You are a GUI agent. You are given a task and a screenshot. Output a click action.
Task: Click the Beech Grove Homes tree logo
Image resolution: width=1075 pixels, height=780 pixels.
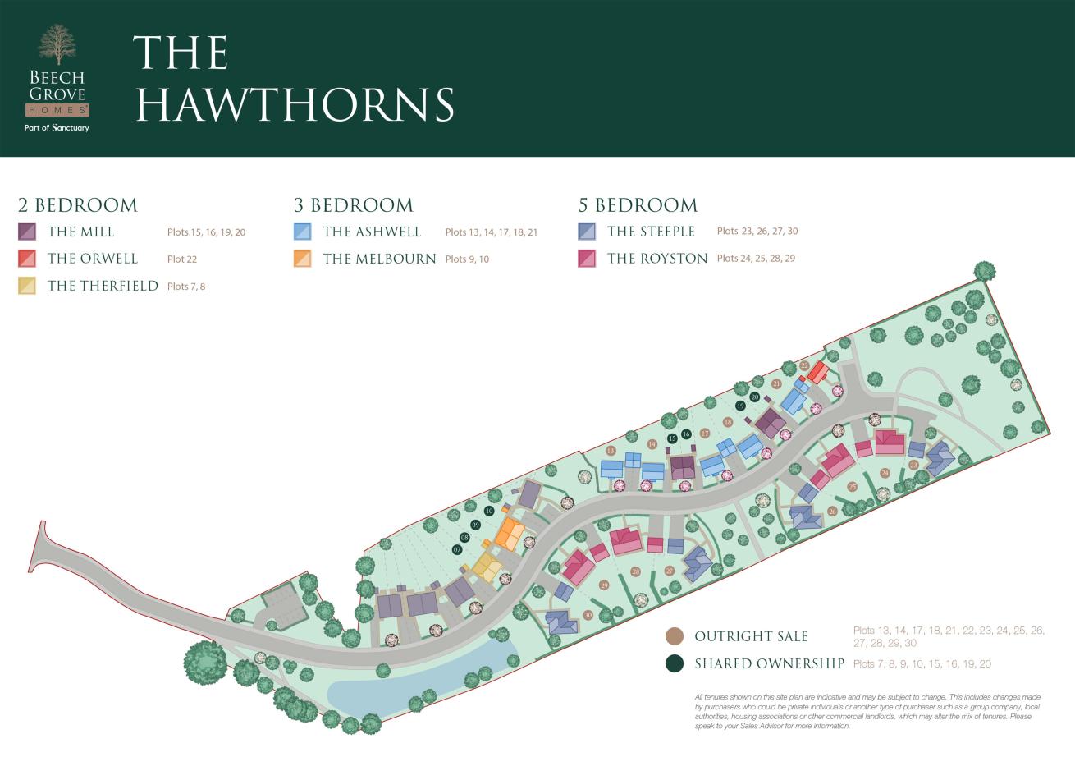(x=57, y=45)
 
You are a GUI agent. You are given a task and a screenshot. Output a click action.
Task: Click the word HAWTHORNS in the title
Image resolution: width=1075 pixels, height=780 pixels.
(x=295, y=104)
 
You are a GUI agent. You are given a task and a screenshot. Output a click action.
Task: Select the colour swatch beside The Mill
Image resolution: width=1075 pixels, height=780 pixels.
(x=27, y=232)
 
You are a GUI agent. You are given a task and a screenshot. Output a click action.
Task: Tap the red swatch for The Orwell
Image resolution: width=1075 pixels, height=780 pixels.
(x=27, y=259)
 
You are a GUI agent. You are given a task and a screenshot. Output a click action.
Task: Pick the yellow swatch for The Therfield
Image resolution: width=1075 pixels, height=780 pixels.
(x=27, y=286)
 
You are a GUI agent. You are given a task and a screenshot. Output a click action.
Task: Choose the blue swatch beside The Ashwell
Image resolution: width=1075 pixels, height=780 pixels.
(x=303, y=232)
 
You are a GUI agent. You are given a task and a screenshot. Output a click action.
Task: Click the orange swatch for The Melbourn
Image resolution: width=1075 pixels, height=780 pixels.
(x=303, y=259)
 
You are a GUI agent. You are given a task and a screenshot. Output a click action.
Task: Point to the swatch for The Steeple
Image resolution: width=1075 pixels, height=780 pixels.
(x=587, y=232)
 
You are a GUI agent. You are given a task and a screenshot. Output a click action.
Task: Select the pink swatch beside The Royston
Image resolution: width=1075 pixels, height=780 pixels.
(x=587, y=259)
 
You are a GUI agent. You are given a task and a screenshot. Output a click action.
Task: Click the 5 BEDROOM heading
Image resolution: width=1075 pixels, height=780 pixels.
(x=638, y=205)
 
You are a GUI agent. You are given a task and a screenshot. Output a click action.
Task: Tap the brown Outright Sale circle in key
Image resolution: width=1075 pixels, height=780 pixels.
(x=675, y=636)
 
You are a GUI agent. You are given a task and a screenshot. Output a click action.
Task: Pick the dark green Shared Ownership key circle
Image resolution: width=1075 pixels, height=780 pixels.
(x=675, y=663)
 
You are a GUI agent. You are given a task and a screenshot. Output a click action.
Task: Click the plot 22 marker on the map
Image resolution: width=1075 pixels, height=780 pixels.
(x=804, y=365)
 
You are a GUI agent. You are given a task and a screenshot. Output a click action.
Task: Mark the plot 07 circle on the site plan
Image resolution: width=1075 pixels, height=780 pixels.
(x=457, y=549)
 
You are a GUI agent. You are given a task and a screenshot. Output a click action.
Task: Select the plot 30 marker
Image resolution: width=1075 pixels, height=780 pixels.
(x=588, y=615)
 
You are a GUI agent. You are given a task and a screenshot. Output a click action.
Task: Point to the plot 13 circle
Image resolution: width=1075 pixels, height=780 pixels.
(x=610, y=451)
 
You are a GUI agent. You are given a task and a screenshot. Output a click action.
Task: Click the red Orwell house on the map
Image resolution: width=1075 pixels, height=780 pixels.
(x=817, y=373)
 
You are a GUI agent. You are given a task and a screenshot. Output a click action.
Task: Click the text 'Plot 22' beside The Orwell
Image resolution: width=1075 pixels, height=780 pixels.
(x=182, y=259)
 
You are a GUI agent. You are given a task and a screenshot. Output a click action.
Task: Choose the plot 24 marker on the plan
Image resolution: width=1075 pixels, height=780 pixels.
(x=885, y=473)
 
